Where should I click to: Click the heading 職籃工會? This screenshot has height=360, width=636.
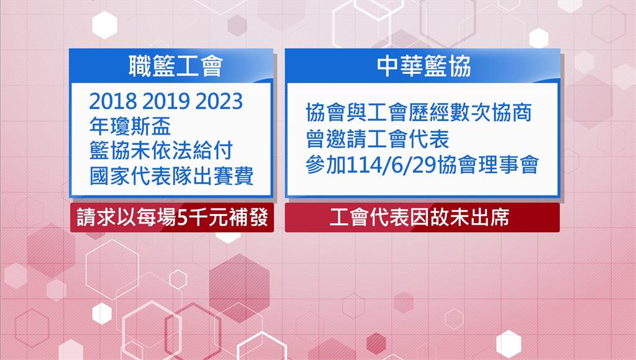(176, 66)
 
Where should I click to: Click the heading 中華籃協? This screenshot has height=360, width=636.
(424, 66)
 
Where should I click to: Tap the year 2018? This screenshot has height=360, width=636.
(113, 101)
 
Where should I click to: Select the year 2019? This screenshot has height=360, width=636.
(166, 101)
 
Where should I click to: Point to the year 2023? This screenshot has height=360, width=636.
(219, 101)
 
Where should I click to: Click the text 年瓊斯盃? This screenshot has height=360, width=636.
(130, 126)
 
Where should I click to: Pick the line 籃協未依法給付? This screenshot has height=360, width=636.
(161, 151)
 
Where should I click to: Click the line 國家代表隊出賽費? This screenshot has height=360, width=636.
(171, 176)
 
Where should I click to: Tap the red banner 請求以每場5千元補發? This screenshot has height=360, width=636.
(172, 218)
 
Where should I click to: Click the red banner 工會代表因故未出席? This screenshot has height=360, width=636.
(422, 218)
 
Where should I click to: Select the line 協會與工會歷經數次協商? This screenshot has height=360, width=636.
(419, 113)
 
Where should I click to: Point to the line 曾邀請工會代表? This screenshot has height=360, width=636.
(378, 139)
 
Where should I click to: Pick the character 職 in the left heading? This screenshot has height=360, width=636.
(140, 66)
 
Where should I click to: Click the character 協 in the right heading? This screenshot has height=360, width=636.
(460, 66)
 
